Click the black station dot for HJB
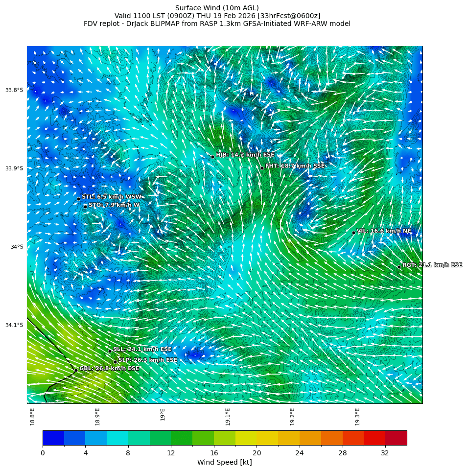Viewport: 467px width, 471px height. click(x=212, y=157)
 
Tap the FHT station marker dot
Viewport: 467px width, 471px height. click(x=262, y=168)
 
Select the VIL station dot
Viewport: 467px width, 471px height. click(x=353, y=233)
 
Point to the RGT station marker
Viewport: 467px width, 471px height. click(x=399, y=267)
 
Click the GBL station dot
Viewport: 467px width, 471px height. click(x=76, y=370)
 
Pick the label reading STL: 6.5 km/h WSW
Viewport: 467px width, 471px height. click(x=112, y=197)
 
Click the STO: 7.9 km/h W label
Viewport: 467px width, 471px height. click(x=114, y=205)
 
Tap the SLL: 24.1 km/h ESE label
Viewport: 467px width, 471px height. click(x=142, y=350)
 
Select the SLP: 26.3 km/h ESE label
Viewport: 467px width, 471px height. click(x=148, y=360)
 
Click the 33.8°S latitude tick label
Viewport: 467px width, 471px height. click(x=14, y=90)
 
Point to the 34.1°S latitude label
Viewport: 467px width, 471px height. click(x=14, y=325)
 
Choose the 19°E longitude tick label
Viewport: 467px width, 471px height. click(x=163, y=414)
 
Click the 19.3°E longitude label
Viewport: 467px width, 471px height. click(x=358, y=416)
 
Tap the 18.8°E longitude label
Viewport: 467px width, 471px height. click(x=33, y=416)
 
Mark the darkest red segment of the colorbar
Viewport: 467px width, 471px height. click(x=396, y=438)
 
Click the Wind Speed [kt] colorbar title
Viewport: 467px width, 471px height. click(x=224, y=463)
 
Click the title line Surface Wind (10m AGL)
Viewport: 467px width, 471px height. click(x=217, y=8)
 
